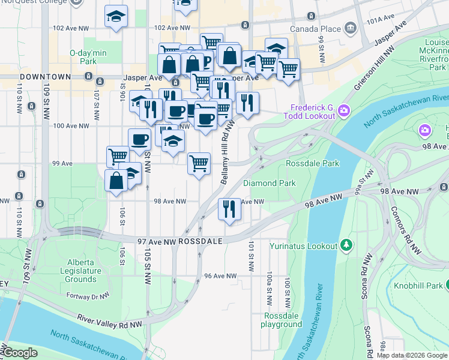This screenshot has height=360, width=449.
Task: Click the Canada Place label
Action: point(315,29)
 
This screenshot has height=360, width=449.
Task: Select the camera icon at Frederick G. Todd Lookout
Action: point(344,110)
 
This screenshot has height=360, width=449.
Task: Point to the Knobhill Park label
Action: point(418,285)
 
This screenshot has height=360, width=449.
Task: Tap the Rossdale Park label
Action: point(312,163)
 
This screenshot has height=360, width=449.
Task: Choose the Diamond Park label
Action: point(270,183)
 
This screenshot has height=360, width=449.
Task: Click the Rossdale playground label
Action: point(281,320)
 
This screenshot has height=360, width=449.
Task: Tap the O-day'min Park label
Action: point(88,57)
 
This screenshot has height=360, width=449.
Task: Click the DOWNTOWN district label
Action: point(46,78)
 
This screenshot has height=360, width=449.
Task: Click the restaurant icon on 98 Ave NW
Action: point(229,209)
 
